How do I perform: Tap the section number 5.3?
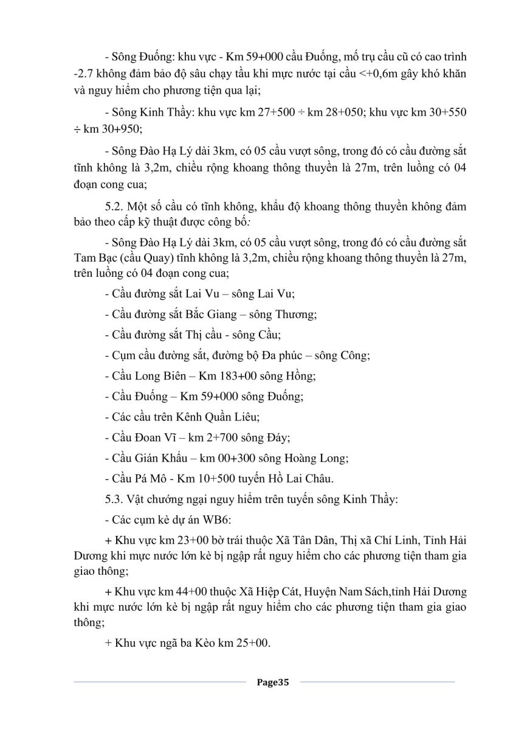click(x=115, y=501)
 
